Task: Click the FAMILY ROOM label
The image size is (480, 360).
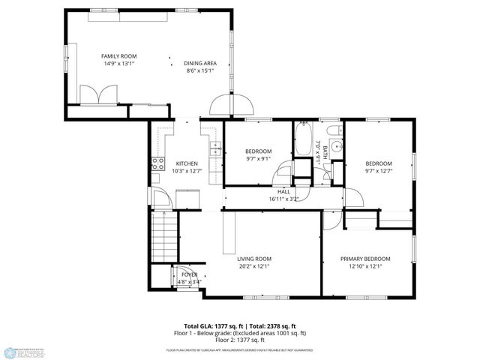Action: [x=118, y=56]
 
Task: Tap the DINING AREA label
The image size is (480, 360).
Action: [x=200, y=64]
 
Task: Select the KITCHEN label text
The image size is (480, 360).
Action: [x=187, y=163]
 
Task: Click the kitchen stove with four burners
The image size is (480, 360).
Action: [x=158, y=163]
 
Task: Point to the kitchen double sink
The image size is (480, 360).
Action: [x=215, y=148]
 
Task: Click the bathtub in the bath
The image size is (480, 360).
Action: [x=302, y=139]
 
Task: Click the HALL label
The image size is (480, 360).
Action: [x=283, y=192]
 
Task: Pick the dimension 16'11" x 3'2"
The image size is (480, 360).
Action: [x=283, y=199]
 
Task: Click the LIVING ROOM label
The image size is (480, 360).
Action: [x=255, y=259]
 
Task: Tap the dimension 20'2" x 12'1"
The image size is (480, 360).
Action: [x=255, y=266]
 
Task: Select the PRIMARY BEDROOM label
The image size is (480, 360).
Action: [x=365, y=259]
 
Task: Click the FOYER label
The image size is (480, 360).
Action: [x=190, y=274]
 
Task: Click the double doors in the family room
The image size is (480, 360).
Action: [x=98, y=94]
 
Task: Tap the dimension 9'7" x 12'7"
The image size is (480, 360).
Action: [x=379, y=171]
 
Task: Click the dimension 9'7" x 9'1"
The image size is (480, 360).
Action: [x=259, y=158]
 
